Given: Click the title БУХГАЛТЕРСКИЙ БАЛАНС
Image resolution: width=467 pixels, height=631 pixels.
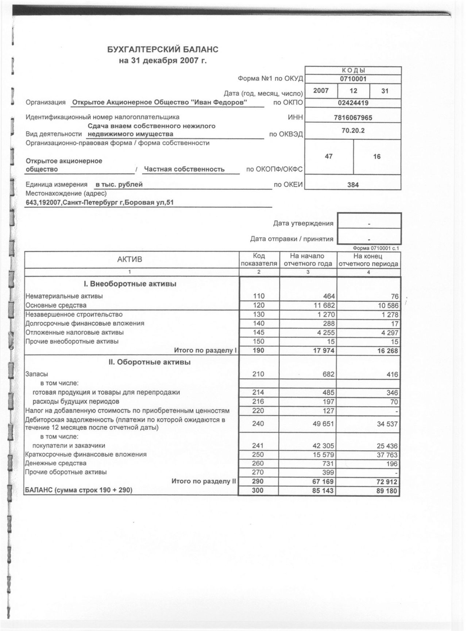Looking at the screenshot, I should click(x=163, y=50).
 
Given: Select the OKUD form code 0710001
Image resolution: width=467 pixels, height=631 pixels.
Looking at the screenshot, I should click(x=353, y=79).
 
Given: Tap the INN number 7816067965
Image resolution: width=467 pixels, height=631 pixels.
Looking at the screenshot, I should click(x=353, y=117).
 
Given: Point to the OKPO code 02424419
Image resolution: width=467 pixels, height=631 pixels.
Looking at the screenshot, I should click(x=353, y=103).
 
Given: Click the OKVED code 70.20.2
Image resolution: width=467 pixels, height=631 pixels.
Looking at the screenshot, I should click(x=353, y=130).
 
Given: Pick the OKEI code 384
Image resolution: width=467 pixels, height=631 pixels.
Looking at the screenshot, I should click(x=353, y=185).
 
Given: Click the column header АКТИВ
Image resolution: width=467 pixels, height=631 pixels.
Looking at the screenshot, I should click(x=130, y=260).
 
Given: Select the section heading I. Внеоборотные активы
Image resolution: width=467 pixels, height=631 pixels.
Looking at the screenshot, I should click(x=130, y=284).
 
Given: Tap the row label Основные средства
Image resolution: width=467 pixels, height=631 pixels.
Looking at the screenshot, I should click(x=56, y=305).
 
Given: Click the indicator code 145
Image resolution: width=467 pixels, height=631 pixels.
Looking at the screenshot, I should click(x=258, y=333).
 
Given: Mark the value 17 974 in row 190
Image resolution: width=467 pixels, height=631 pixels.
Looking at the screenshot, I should click(x=323, y=351).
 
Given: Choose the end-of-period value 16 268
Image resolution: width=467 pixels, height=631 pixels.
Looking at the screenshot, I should click(x=387, y=351).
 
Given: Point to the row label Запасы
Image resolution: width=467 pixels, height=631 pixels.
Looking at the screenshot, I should click(x=36, y=374).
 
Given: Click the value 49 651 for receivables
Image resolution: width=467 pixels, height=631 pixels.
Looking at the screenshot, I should click(x=323, y=424).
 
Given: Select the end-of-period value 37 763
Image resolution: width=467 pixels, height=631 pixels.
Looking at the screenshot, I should click(x=387, y=455).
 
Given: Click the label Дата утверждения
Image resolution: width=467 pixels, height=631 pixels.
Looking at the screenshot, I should click(x=303, y=224).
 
